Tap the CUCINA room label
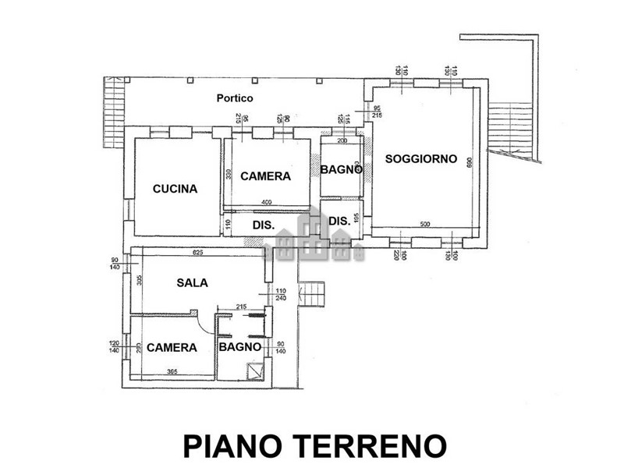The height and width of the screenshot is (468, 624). [x=175, y=188]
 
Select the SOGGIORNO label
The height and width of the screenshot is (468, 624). [x=420, y=158]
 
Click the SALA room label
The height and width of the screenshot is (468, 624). [x=192, y=282]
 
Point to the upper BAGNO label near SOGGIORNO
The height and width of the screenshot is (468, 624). [x=342, y=169]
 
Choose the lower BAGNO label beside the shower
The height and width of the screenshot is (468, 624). [x=239, y=347]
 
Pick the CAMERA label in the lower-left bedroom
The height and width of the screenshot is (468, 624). [x=172, y=347]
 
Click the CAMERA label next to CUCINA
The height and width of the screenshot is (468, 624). [x=265, y=176]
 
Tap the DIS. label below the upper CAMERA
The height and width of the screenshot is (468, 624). [x=262, y=225]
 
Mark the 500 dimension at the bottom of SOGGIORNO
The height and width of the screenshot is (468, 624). [x=424, y=225]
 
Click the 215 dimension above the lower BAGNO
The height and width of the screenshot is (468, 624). [x=242, y=307]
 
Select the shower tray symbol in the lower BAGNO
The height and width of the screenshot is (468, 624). [x=255, y=371]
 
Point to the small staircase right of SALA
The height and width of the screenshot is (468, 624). [x=312, y=295]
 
